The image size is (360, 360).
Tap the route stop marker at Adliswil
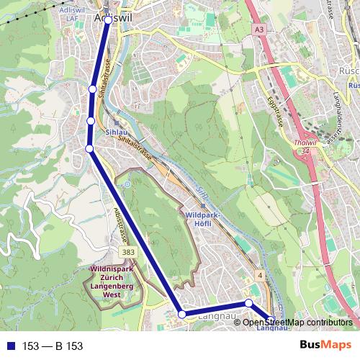coord(108,20)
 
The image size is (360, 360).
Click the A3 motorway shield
coord(258,29)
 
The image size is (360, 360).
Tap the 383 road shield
coord(128,253)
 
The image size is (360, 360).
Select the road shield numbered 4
coord(258,276)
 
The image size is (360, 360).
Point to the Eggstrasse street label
coord(272,112)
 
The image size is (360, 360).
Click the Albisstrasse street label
coord(120,223)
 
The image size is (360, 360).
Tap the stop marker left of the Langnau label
coord(182,314)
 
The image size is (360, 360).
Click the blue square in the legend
coord(9,346)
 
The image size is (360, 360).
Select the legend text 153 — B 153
coord(53,346)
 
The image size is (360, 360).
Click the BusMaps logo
coord(325,346)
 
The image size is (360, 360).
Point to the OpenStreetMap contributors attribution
coord(297,323)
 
